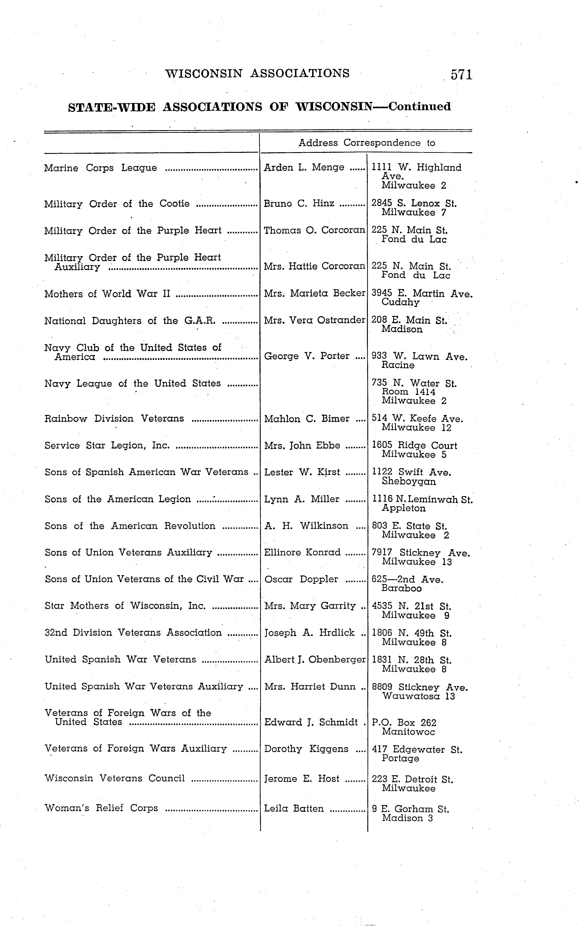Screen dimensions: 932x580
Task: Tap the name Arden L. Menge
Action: click(x=304, y=168)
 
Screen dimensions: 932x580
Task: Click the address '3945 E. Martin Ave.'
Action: click(x=422, y=294)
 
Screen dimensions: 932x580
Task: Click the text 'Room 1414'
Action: click(x=409, y=392)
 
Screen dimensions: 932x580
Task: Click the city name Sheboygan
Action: click(x=409, y=482)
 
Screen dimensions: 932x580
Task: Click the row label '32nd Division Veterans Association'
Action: click(x=133, y=633)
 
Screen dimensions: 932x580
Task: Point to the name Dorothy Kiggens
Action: click(x=306, y=749)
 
